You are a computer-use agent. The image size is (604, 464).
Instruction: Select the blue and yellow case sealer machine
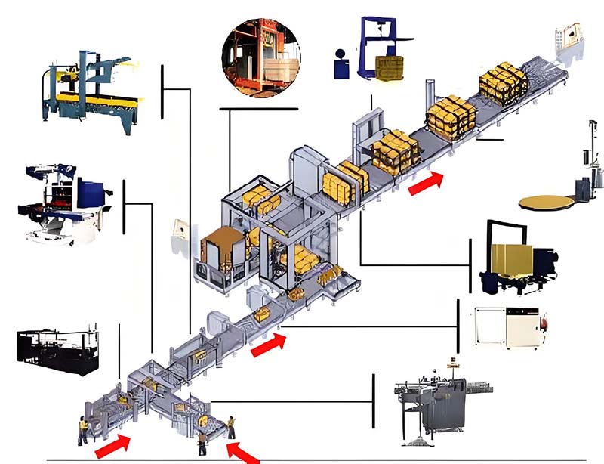pos(88,88)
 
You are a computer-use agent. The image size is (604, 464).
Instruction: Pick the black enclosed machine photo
pos(57,349)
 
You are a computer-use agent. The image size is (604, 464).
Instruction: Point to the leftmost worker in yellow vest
pos(83,431)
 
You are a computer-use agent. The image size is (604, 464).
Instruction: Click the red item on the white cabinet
pos(544,325)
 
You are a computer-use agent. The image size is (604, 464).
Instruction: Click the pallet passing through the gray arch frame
pos(393,151)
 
